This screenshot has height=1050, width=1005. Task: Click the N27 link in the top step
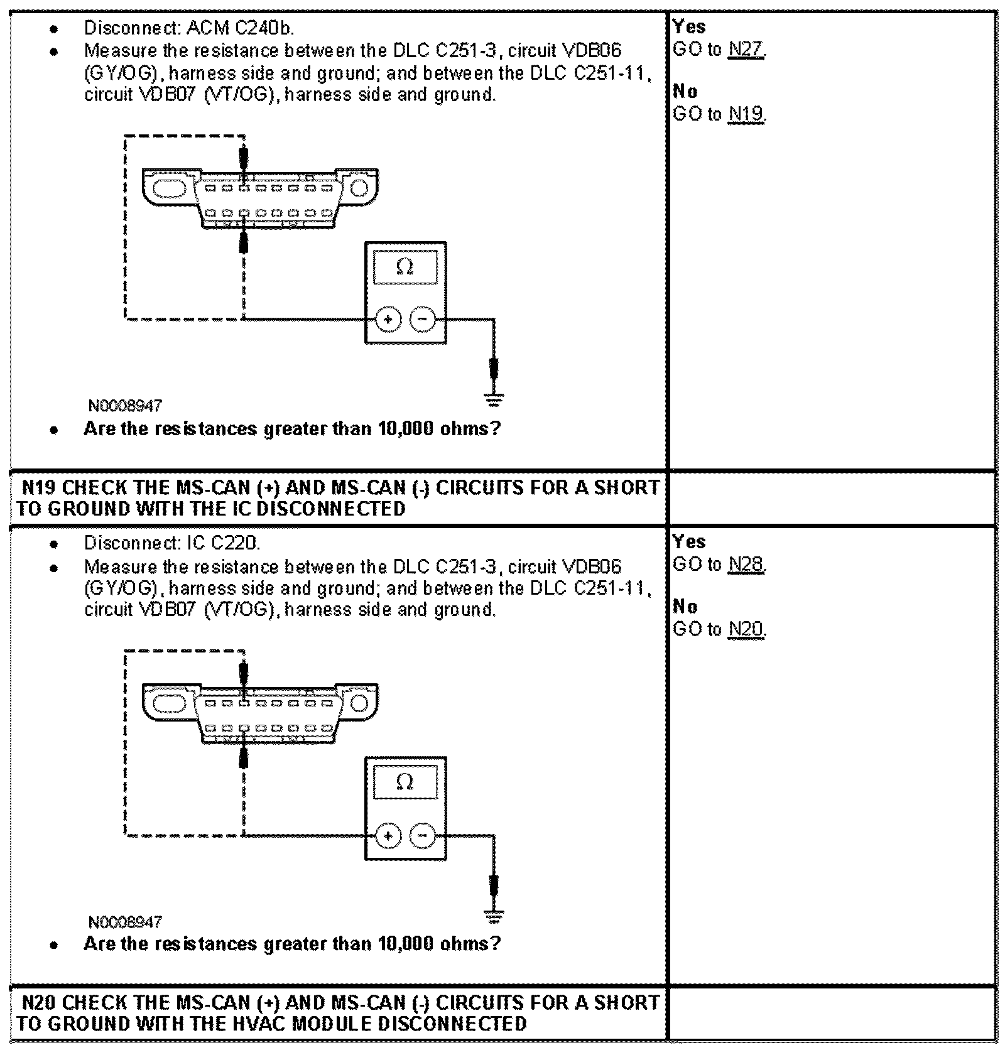(x=746, y=50)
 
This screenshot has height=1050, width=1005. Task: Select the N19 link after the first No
(x=746, y=114)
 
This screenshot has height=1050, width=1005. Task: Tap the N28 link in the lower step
(x=746, y=565)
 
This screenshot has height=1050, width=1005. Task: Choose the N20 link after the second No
(x=746, y=629)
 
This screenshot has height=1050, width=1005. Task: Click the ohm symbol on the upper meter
(x=405, y=267)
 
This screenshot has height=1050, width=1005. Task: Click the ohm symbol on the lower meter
(x=405, y=782)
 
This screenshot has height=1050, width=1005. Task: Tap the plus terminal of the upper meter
(x=388, y=320)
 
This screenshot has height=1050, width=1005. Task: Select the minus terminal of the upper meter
(x=422, y=320)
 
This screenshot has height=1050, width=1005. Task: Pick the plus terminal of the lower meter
(x=388, y=836)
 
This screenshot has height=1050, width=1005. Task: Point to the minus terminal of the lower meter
(x=422, y=836)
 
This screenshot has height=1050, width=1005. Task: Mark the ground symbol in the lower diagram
(x=494, y=915)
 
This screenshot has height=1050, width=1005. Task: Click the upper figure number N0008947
(x=126, y=406)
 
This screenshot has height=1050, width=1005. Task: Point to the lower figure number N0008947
(x=126, y=922)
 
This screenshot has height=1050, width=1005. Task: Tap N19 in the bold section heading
(x=39, y=488)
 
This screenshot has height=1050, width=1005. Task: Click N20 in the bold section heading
(x=39, y=1003)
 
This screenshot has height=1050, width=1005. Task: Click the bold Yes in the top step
(x=689, y=27)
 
